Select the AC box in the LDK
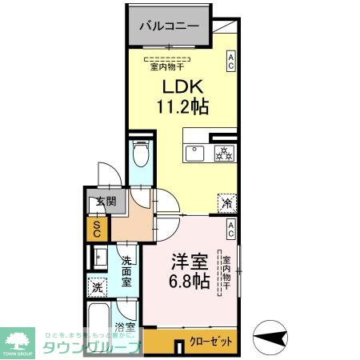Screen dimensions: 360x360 coord(230,62)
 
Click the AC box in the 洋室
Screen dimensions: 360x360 coord(230,230)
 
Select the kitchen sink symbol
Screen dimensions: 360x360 coord(195,154)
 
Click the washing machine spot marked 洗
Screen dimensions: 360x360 coord(97,286)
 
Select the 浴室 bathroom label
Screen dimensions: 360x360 coord(125,327)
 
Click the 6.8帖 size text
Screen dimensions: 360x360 coord(189,282)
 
